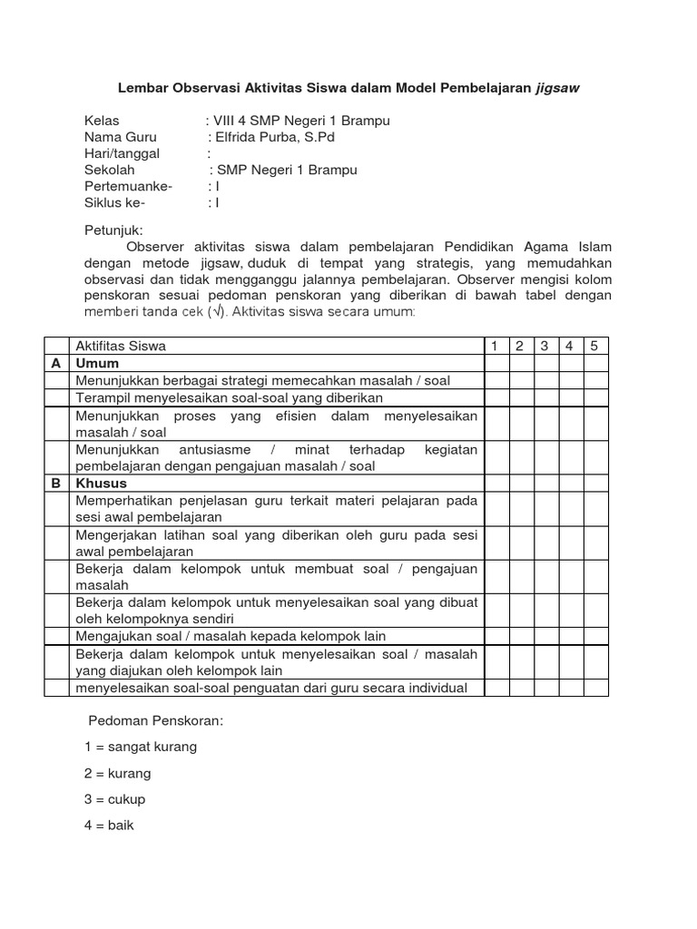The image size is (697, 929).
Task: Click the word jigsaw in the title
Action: pos(555,89)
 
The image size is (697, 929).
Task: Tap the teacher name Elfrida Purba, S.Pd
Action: pos(276,137)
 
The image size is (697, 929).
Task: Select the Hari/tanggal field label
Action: pos(122,153)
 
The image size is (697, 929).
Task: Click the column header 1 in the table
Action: pos(496,346)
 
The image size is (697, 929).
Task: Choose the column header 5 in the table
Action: pos(595,346)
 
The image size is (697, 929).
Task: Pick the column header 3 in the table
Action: pos(545,346)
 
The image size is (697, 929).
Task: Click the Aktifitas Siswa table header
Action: pos(122,346)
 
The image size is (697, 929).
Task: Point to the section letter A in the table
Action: pos(56,363)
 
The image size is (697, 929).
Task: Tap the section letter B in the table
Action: pos(56,484)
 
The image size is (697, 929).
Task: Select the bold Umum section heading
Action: pos(98,363)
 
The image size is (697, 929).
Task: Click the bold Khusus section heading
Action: pos(102,484)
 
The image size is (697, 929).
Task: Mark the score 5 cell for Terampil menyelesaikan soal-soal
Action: pos(595,397)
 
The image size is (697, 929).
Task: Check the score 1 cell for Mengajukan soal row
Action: pos(496,636)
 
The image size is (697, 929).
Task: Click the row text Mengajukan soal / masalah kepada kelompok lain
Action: pos(231,636)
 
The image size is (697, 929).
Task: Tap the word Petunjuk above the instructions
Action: pos(113,230)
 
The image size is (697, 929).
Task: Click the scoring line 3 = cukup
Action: pos(114,799)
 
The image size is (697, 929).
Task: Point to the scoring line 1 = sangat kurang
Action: pos(140,747)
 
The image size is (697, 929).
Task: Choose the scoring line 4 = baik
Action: pos(109,826)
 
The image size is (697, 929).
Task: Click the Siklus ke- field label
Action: pos(114,202)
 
